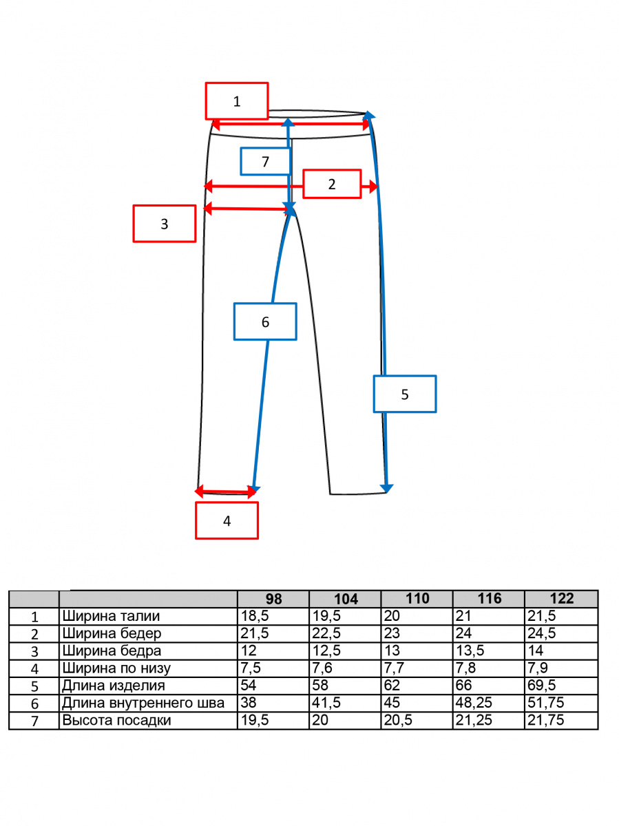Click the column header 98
tap(273, 600)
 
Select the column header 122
tap(562, 599)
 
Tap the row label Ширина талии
tap(111, 616)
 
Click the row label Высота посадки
tap(116, 720)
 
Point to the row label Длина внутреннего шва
tap(143, 703)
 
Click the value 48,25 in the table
tap(474, 703)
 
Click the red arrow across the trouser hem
tap(225, 491)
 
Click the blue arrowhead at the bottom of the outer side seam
tap(386, 488)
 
